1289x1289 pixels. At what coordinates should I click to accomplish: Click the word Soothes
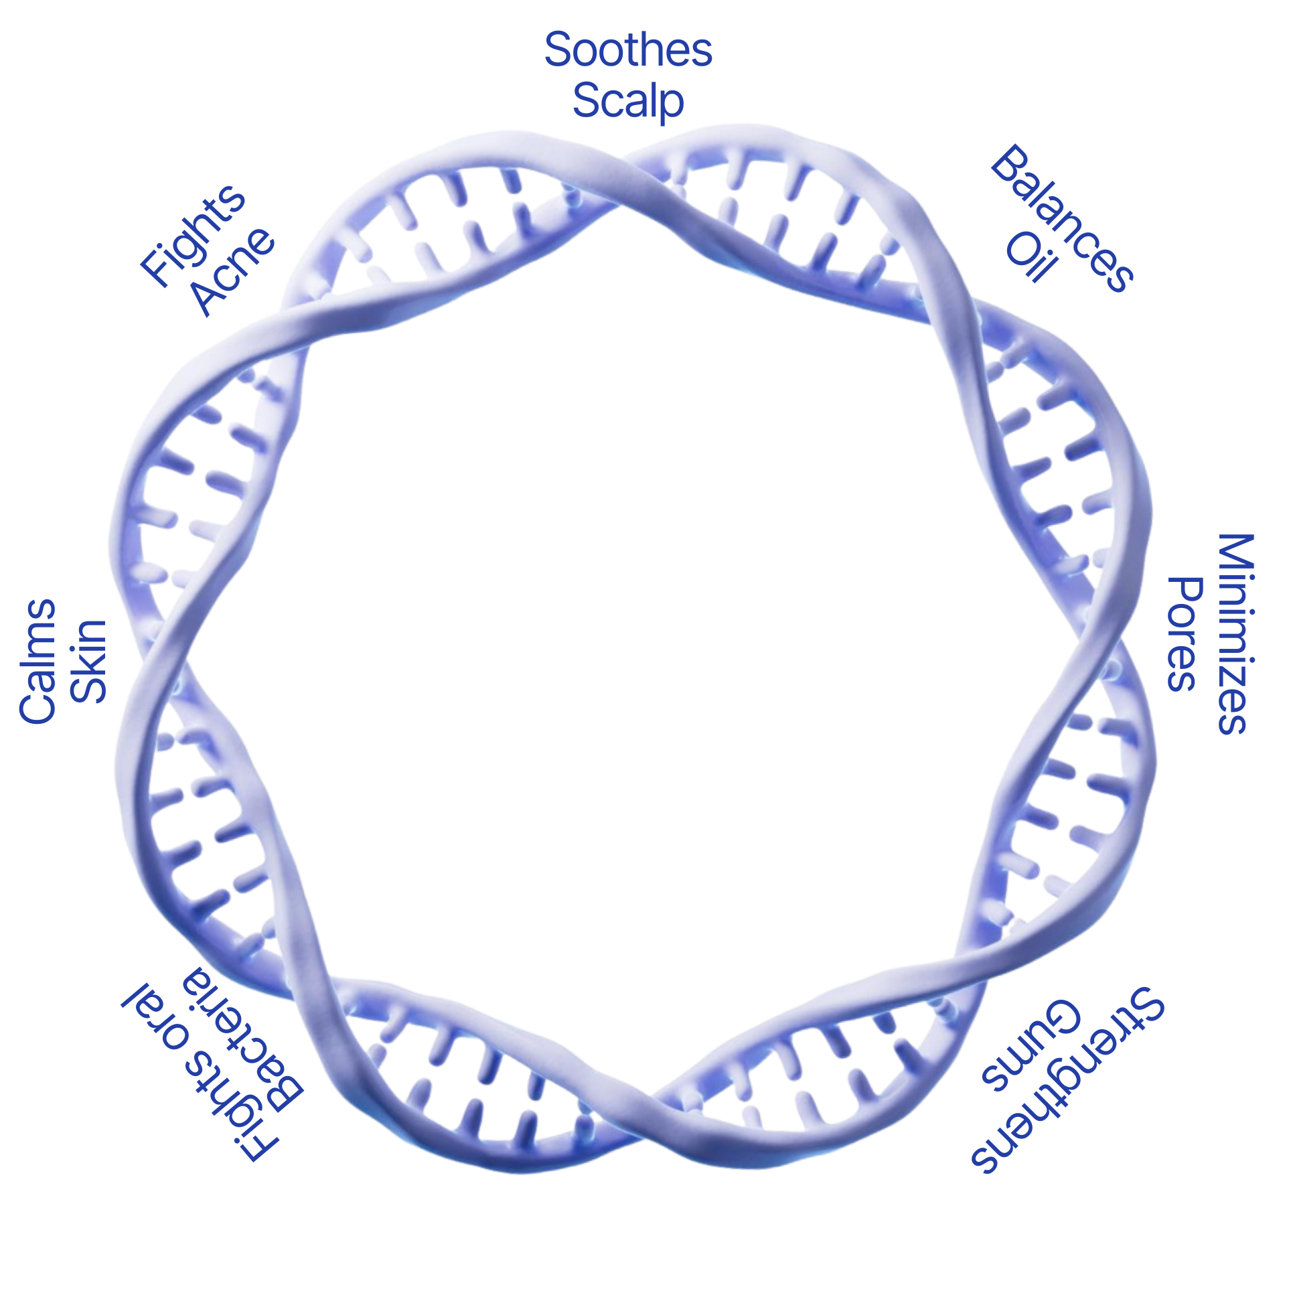click(628, 50)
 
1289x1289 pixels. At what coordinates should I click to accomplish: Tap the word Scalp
click(628, 101)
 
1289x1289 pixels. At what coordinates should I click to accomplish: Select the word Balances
click(1062, 218)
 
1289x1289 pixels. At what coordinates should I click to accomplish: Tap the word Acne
click(234, 271)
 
